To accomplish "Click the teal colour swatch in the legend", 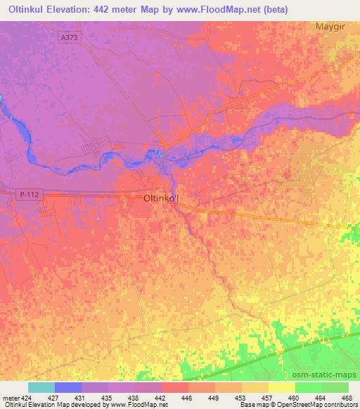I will (x=41, y=387).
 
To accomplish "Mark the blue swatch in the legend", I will (x=68, y=387).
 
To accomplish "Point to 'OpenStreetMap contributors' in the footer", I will (x=314, y=405).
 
